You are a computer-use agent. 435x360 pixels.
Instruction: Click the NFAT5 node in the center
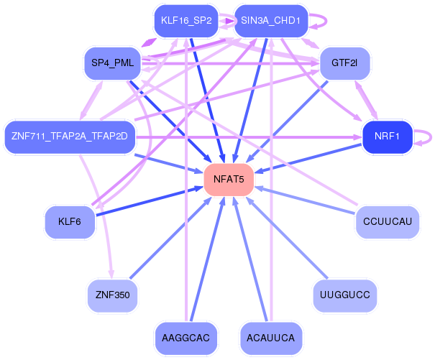coord(229,180)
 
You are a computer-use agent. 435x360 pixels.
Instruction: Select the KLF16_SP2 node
coord(186,21)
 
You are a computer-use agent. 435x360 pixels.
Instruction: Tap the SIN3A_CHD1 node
coord(271,21)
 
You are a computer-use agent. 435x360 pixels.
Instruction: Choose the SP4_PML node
coord(112,63)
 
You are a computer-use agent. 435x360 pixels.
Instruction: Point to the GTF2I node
coord(344,63)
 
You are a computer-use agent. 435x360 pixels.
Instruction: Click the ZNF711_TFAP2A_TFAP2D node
coord(70,137)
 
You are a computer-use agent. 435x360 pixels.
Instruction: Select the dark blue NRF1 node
coord(388,137)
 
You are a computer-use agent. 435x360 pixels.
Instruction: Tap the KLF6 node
coord(70,222)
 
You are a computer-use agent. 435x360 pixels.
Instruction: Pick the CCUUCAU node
coord(388,222)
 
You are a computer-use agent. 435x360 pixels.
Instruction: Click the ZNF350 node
coord(112,295)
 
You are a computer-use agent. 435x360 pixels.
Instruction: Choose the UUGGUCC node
coord(344,295)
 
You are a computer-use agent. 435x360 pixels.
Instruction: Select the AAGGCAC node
coord(186,338)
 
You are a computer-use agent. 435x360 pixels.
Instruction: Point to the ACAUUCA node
coord(271,338)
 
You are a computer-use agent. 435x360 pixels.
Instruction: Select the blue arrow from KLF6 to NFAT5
coord(150,201)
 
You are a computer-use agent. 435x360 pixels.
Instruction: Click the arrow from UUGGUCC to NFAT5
coord(287,237)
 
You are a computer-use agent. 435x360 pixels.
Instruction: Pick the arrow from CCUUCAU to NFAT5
coord(305,200)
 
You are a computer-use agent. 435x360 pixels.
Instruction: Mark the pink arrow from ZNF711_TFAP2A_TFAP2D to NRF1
coord(249,137)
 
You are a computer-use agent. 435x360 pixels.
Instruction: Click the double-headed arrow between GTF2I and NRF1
coord(366,100)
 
